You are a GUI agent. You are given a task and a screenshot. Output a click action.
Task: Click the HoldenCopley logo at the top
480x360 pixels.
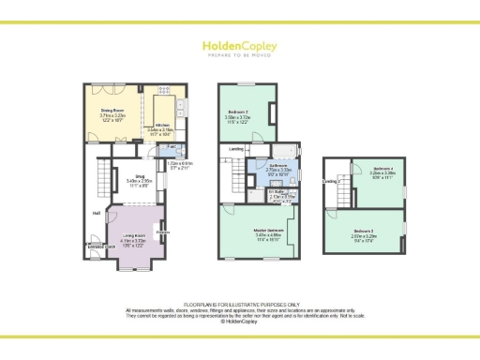pyautogui.click(x=239, y=48)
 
